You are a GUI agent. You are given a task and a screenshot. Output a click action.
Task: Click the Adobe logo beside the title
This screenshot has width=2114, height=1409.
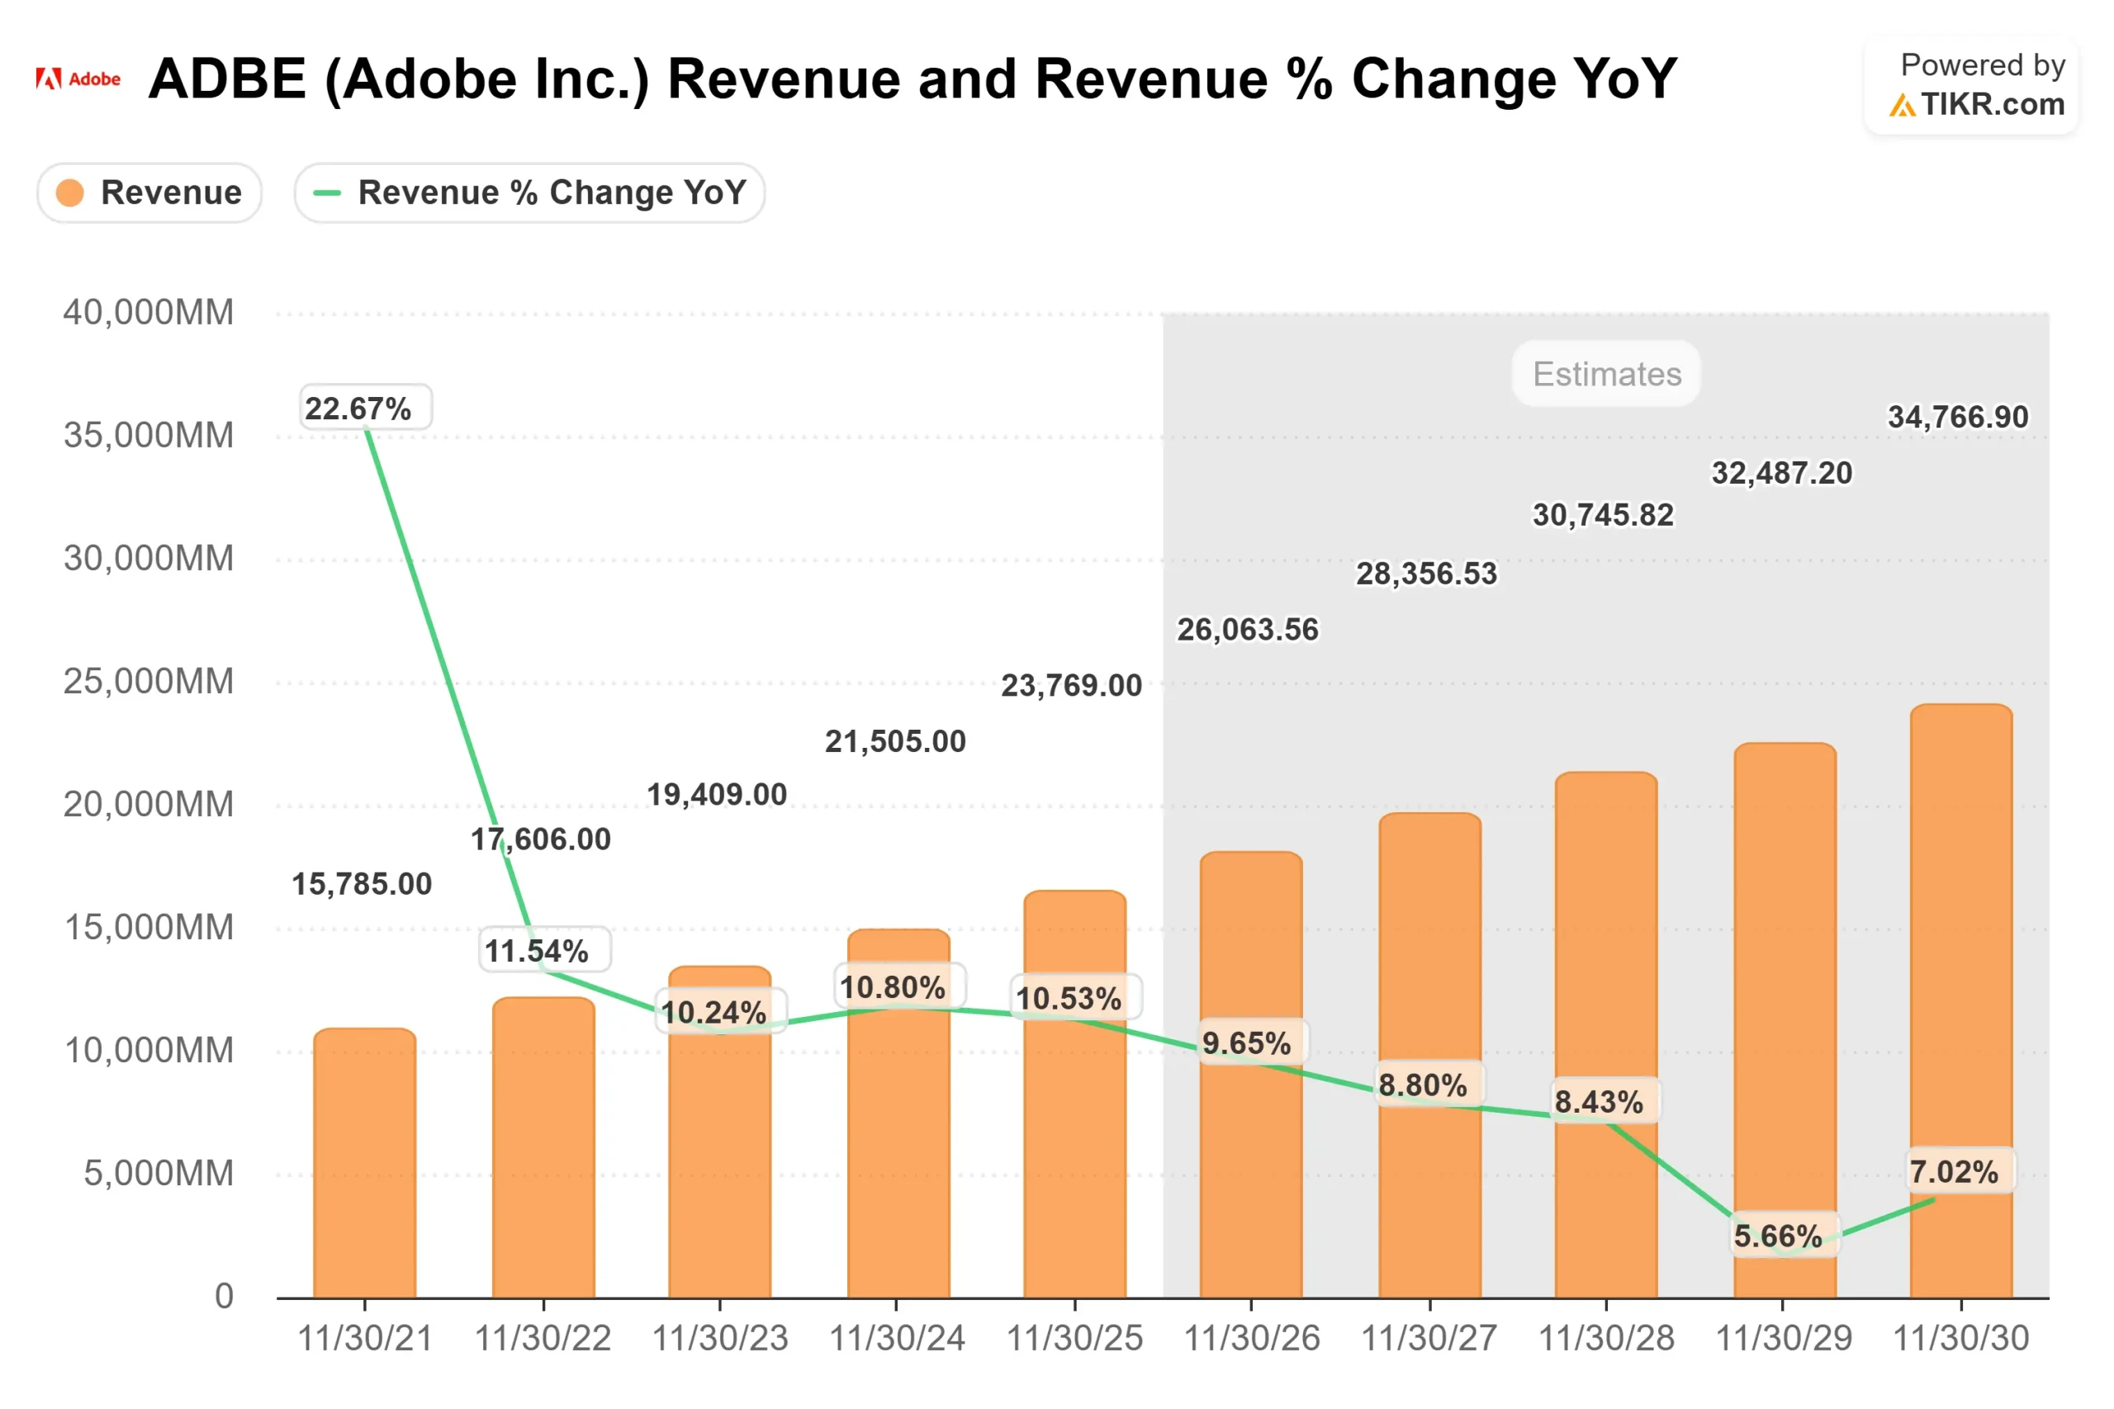click(78, 79)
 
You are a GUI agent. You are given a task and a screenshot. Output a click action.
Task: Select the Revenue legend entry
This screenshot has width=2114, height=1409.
click(149, 192)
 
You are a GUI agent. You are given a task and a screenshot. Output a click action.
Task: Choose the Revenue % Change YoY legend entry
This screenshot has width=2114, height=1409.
click(529, 192)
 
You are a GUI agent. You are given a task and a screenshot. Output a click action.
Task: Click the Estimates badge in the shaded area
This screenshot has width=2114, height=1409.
click(1606, 374)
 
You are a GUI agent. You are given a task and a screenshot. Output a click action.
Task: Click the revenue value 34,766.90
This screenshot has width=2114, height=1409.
click(1958, 417)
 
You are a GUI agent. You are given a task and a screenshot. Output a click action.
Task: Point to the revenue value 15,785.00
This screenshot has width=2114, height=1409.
click(362, 884)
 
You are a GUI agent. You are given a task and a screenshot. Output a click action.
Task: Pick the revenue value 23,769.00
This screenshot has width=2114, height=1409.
click(1071, 686)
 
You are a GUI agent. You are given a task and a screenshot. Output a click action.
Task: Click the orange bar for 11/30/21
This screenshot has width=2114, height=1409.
click(365, 1168)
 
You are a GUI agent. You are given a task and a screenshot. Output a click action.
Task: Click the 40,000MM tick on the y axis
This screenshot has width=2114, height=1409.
click(149, 313)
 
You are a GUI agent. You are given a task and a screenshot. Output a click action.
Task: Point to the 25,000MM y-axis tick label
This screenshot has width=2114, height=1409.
click(149, 681)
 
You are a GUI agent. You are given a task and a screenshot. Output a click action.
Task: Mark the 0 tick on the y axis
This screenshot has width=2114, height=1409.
click(224, 1296)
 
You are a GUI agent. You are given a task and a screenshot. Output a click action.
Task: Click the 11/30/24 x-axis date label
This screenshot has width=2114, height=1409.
click(896, 1339)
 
